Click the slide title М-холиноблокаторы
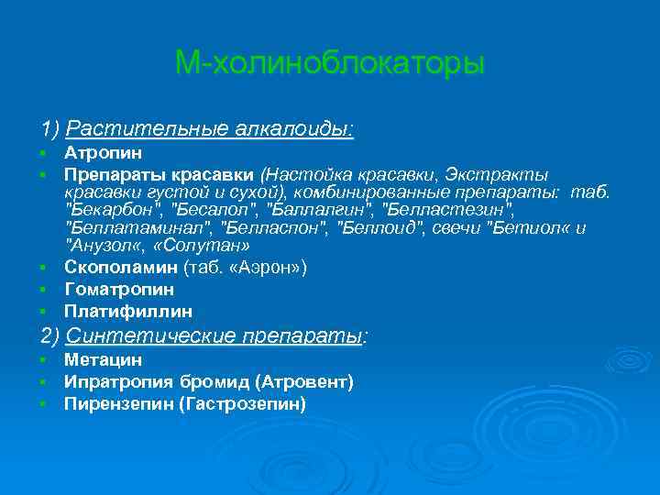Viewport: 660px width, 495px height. pos(329,64)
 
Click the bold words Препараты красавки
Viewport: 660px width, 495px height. pos(159,174)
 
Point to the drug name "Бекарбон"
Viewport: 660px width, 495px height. pos(109,210)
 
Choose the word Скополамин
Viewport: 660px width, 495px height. pos(121,268)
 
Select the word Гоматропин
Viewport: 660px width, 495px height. pos(119,290)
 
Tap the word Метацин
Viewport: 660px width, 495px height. pos(103,360)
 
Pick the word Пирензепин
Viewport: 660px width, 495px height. pos(116,403)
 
